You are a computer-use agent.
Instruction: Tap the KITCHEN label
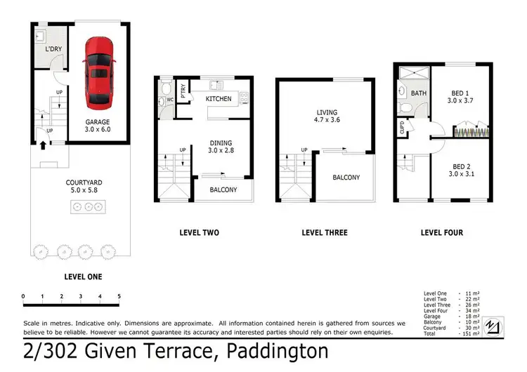(x=219, y=99)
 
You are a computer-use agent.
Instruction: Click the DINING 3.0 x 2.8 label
(x=221, y=147)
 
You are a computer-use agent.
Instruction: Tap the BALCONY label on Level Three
(x=346, y=178)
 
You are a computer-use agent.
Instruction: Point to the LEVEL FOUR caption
(x=441, y=232)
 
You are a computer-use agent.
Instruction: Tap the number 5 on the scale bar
(x=119, y=295)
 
